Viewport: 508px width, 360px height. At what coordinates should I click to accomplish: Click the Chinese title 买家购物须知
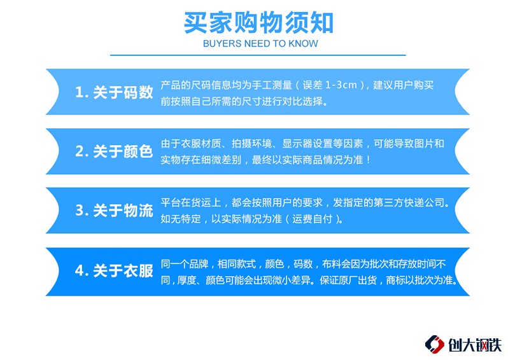(258, 23)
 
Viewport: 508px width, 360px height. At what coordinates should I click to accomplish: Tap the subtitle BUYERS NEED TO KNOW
(260, 43)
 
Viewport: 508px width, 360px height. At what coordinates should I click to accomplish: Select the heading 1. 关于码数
(114, 92)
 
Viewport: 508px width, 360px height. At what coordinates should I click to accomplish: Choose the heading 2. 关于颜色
(114, 151)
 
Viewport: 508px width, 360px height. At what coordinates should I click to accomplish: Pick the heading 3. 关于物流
(114, 211)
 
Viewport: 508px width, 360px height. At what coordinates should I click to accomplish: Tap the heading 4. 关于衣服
(114, 271)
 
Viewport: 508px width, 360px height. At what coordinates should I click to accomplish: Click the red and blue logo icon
(434, 345)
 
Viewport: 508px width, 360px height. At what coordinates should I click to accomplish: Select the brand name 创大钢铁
(475, 345)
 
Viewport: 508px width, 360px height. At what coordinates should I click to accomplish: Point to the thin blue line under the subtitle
(258, 55)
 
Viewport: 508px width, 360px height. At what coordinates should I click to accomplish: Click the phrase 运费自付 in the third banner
(313, 219)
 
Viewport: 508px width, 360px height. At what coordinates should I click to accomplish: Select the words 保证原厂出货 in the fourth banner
(348, 280)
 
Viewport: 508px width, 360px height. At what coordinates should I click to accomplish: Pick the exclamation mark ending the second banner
(368, 160)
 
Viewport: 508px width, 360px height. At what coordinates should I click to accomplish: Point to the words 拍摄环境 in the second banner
(251, 143)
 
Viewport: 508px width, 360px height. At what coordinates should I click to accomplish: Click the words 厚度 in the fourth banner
(187, 280)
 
